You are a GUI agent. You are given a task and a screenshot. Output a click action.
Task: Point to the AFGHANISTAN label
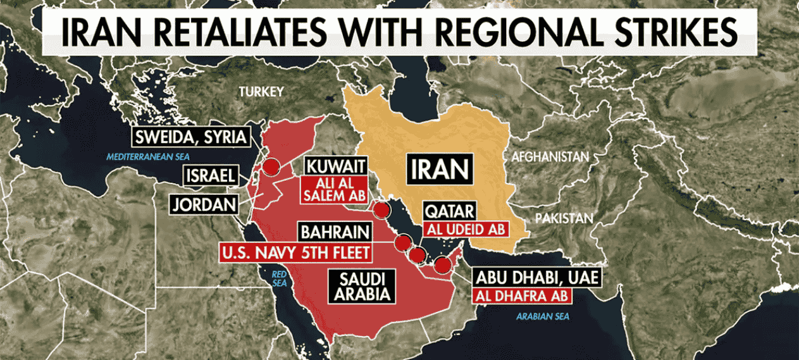coord(550,156)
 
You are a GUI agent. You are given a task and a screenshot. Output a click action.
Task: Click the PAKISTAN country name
coord(564,219)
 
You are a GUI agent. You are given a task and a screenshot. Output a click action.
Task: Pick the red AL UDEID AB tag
coord(466,228)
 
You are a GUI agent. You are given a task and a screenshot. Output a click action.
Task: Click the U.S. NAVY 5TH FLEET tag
coord(295,252)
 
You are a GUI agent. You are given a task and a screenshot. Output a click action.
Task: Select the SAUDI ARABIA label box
coord(361,285)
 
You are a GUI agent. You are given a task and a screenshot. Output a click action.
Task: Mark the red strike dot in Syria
coord(271,167)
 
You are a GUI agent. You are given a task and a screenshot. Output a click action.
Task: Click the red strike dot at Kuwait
coord(381,210)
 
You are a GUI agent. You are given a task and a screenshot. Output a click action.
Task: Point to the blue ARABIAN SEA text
coord(543,316)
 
